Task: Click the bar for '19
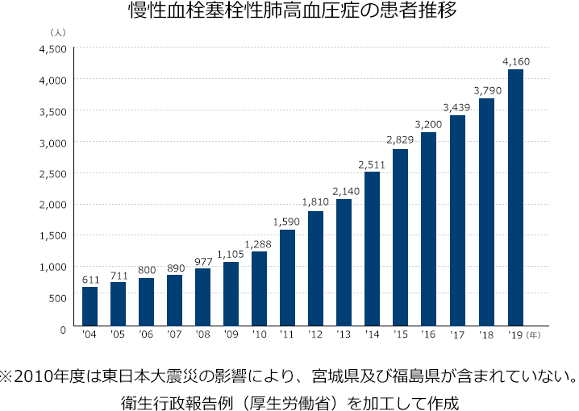[514, 198]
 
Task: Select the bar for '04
[90, 307]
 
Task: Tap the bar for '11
[287, 278]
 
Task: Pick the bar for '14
[372, 250]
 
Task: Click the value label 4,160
[515, 61]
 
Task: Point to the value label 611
[90, 279]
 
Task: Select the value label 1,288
[259, 243]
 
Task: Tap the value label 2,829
[401, 140]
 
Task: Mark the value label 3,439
[457, 106]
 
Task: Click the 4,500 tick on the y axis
[52, 49]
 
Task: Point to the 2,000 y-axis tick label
[52, 205]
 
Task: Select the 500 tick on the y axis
[56, 298]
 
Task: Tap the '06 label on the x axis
[146, 333]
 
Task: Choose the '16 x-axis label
[429, 333]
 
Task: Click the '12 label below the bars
[315, 333]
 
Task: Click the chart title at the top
[289, 12]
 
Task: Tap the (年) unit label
[535, 333]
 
